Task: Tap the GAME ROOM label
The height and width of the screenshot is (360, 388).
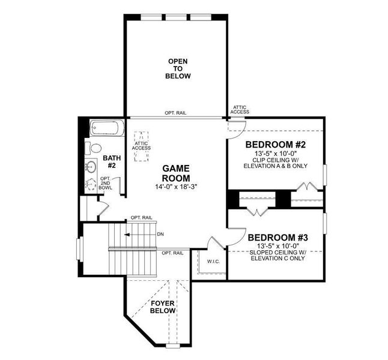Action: click(x=176, y=173)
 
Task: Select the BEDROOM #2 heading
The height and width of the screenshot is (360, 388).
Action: click(x=276, y=145)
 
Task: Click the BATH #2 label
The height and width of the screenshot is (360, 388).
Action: click(x=112, y=162)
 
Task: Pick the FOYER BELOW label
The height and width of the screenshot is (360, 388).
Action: click(x=163, y=307)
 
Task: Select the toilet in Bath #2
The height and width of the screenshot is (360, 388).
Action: click(x=95, y=148)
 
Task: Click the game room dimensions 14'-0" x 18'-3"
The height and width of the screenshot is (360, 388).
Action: click(x=176, y=187)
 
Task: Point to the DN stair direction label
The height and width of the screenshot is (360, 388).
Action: click(x=160, y=234)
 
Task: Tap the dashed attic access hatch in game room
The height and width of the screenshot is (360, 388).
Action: click(x=142, y=145)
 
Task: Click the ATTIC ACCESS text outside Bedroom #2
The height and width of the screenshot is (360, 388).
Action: click(x=239, y=110)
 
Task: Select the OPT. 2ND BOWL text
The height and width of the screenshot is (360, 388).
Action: click(x=106, y=184)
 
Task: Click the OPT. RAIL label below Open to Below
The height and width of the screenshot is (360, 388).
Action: click(x=178, y=113)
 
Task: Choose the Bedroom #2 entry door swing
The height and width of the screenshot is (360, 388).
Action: click(x=238, y=127)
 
